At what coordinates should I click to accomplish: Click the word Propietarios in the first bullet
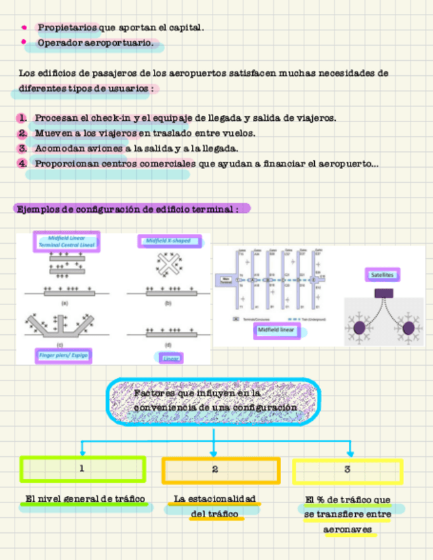tap(67, 28)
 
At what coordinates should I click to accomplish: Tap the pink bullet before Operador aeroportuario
tap(24, 44)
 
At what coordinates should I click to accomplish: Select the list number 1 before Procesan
tap(22, 118)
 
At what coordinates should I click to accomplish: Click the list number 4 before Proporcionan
tap(22, 163)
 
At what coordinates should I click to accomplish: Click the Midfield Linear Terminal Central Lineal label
tap(67, 241)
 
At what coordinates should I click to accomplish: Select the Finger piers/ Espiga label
tap(63, 355)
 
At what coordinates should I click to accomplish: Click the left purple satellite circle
tap(360, 327)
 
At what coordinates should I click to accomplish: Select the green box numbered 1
tap(83, 470)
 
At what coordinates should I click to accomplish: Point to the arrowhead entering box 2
tap(213, 454)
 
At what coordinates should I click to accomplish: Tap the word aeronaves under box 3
tap(347, 530)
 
